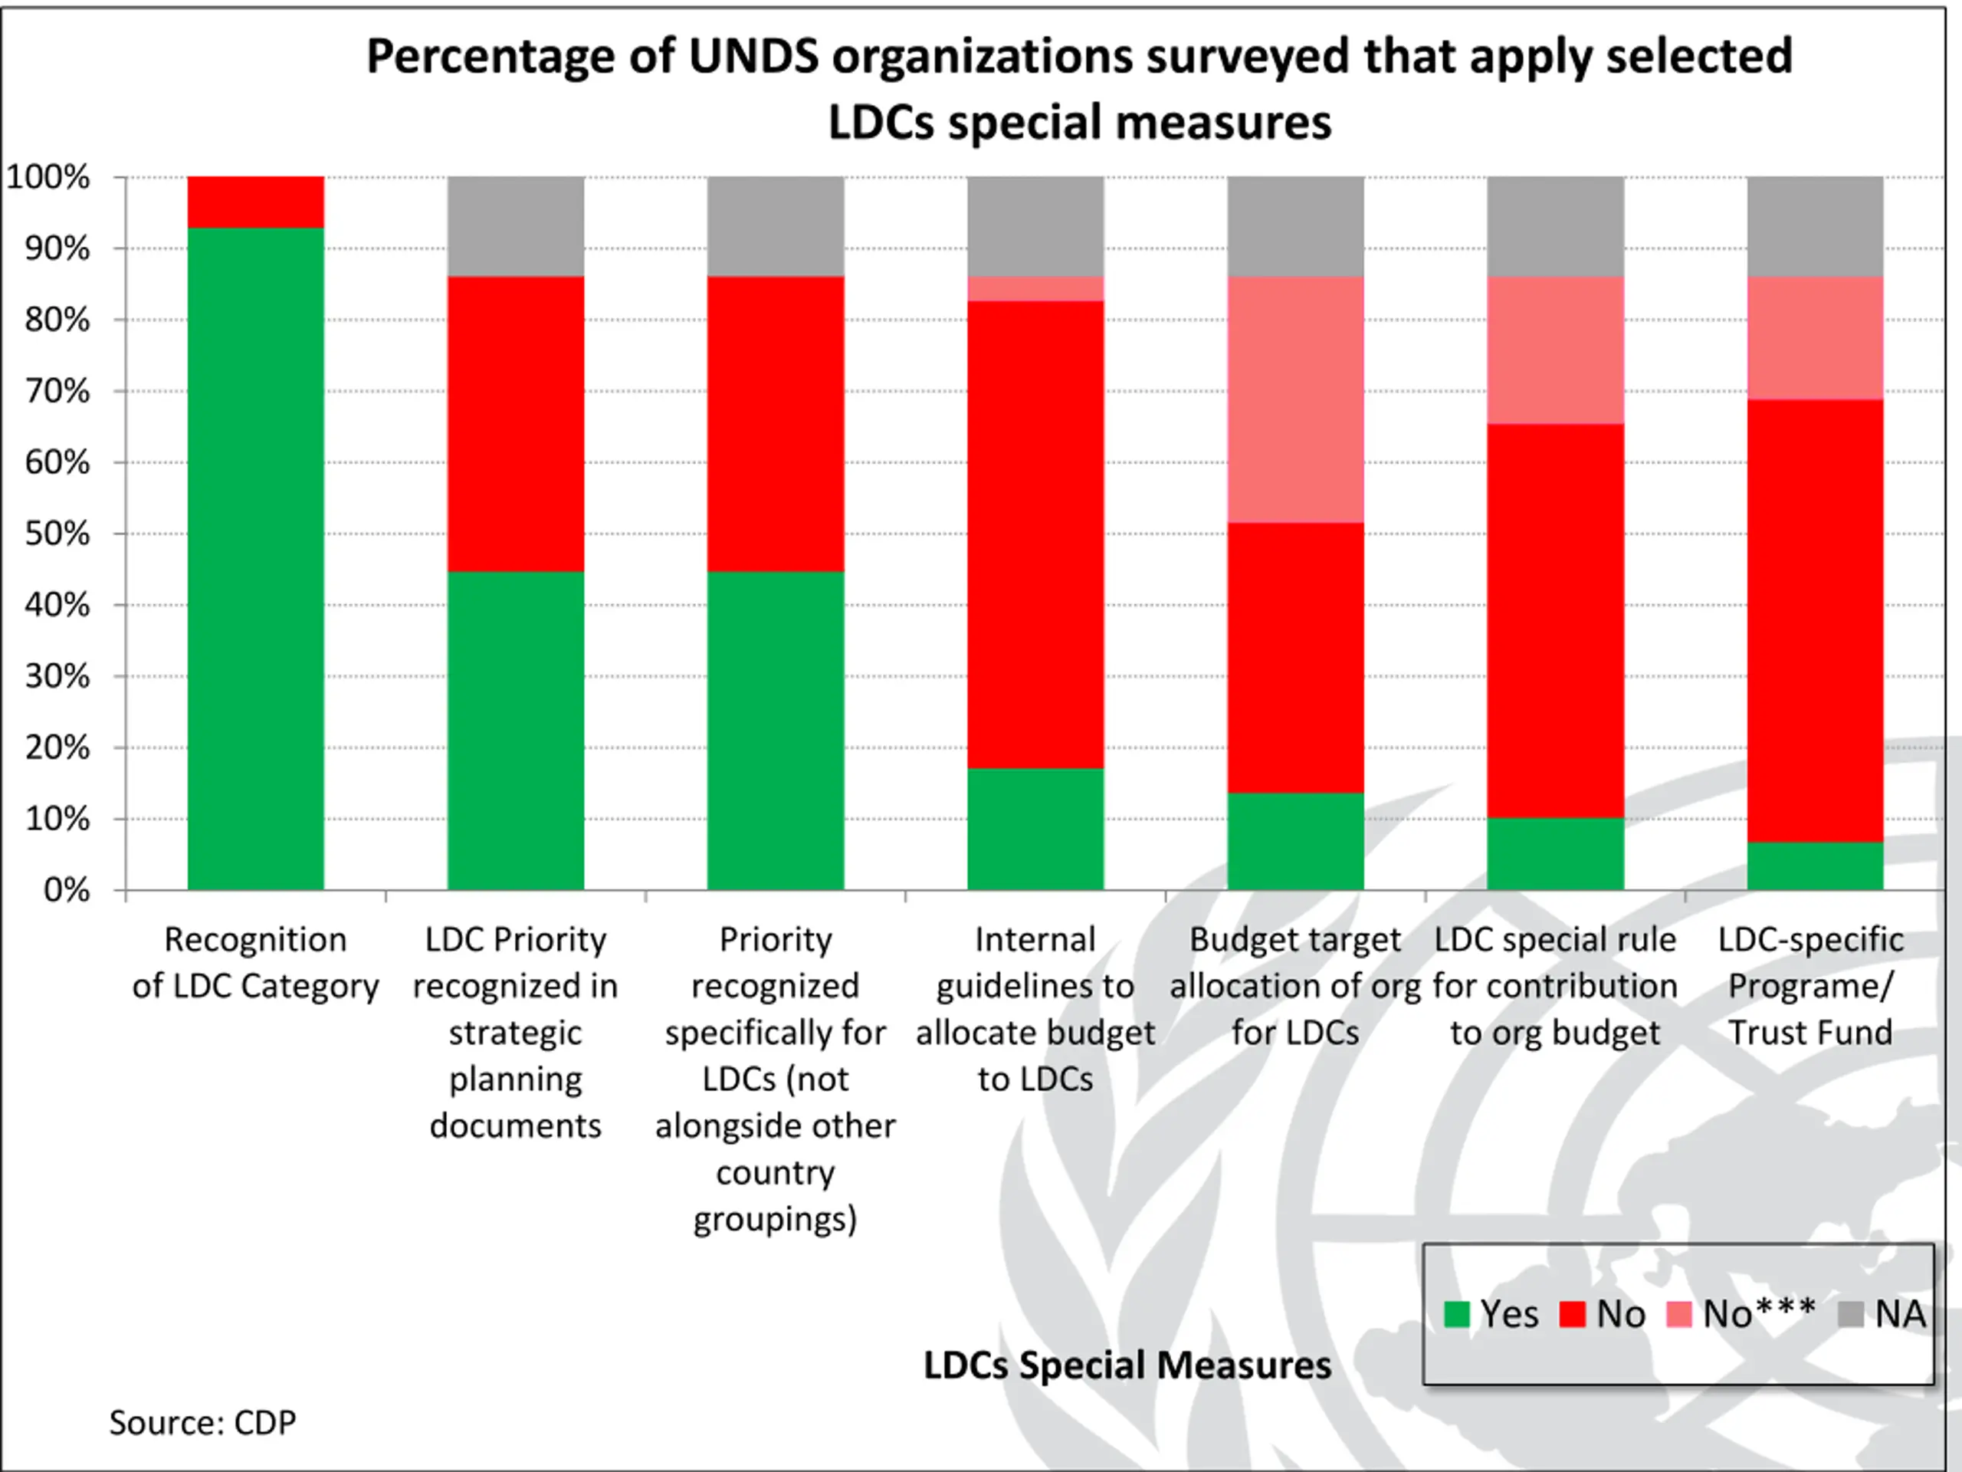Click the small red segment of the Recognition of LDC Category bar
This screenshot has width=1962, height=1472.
[x=255, y=202]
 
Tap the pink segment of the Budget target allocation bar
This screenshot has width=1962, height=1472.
[x=1295, y=399]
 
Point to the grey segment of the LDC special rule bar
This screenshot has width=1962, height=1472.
[x=1555, y=226]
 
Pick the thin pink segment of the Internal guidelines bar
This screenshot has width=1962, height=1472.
[x=1035, y=289]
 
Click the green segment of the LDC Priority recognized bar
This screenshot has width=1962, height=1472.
[x=515, y=729]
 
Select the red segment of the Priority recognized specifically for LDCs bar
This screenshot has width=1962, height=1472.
[x=776, y=423]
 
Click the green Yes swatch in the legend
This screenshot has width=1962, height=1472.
[x=1456, y=1314]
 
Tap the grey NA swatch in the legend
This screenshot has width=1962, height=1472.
[x=1850, y=1314]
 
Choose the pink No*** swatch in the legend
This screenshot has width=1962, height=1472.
[x=1679, y=1314]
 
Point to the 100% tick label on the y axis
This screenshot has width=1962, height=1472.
[x=49, y=177]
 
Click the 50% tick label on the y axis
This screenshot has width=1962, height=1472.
[x=57, y=534]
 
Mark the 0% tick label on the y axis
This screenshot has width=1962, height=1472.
[x=67, y=890]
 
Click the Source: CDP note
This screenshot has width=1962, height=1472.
[x=202, y=1422]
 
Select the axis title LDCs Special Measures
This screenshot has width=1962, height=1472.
[x=1127, y=1365]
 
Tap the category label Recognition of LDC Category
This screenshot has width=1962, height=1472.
[x=255, y=962]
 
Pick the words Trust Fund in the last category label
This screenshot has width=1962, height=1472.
[x=1810, y=1033]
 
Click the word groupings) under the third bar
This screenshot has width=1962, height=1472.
[x=776, y=1219]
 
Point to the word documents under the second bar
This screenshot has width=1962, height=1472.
[x=515, y=1126]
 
